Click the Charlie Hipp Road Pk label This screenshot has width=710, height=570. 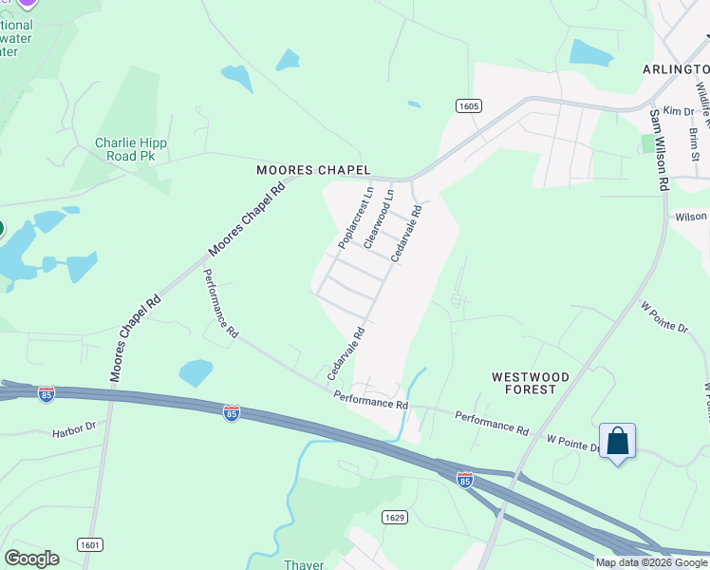[x=131, y=149]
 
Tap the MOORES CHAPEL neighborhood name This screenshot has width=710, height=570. [x=313, y=170]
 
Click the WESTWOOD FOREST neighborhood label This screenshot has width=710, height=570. [x=531, y=383]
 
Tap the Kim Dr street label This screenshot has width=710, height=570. [x=679, y=111]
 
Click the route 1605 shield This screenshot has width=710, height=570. [x=466, y=105]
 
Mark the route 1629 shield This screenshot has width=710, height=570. [x=396, y=517]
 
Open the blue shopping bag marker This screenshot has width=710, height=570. [x=617, y=442]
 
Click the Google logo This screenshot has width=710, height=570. [x=31, y=559]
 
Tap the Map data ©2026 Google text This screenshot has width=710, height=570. [x=651, y=562]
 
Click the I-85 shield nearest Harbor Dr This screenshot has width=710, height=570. [x=47, y=394]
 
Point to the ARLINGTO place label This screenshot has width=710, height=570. [x=676, y=69]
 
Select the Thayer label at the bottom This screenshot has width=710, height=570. [x=304, y=564]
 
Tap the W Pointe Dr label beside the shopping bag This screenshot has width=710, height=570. [x=572, y=442]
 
